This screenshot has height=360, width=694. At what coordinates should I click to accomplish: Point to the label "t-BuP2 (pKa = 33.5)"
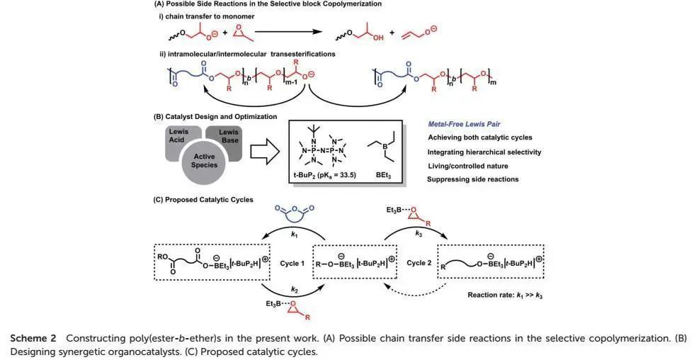pos(324,175)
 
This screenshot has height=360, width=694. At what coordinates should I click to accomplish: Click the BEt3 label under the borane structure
pos(383,175)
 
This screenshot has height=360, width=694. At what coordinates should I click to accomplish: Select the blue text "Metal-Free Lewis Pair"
pos(464,124)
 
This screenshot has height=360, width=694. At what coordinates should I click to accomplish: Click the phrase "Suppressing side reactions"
pos(473,179)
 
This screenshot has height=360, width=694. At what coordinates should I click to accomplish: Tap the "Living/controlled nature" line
pos(468,166)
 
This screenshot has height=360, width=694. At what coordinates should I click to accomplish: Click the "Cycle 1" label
pos(292,263)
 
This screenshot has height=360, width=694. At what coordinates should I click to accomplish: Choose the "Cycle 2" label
pos(419,263)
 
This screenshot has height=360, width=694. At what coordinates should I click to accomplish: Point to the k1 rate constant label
pos(295,235)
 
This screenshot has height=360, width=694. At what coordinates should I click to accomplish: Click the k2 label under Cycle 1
pos(295,290)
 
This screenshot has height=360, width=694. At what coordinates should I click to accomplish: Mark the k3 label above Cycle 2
pos(419,233)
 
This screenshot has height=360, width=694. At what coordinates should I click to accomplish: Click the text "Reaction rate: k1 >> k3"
pos(505,295)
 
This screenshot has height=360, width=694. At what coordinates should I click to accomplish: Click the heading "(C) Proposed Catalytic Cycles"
pos(203,200)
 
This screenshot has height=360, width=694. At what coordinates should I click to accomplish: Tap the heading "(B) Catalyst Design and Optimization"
pos(215,116)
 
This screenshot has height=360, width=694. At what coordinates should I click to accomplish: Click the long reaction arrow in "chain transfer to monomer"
pos(289,32)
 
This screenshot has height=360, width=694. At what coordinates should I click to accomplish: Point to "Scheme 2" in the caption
pos(33,338)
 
